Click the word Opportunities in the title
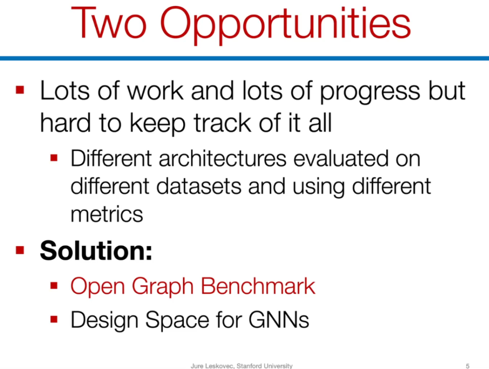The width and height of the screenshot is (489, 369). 285,25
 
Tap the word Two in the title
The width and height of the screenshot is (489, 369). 109,23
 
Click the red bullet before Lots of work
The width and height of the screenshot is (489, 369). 20,90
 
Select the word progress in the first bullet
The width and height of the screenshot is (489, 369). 370,92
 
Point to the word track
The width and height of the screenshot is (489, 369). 222,123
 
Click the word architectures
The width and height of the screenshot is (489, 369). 222,158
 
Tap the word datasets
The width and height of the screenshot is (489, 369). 199,186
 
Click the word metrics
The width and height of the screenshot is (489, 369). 107,215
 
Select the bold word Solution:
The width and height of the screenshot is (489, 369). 96,250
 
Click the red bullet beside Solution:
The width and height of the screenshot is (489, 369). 20,250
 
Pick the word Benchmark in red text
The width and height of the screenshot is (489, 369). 258,286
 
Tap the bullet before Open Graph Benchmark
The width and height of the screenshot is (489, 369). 54,286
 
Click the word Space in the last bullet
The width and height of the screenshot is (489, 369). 177,321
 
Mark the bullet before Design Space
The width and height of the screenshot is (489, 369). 54,319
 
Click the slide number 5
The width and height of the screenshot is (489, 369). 467,366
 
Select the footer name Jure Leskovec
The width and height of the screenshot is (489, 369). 212,366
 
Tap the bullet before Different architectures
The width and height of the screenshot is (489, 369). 54,158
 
